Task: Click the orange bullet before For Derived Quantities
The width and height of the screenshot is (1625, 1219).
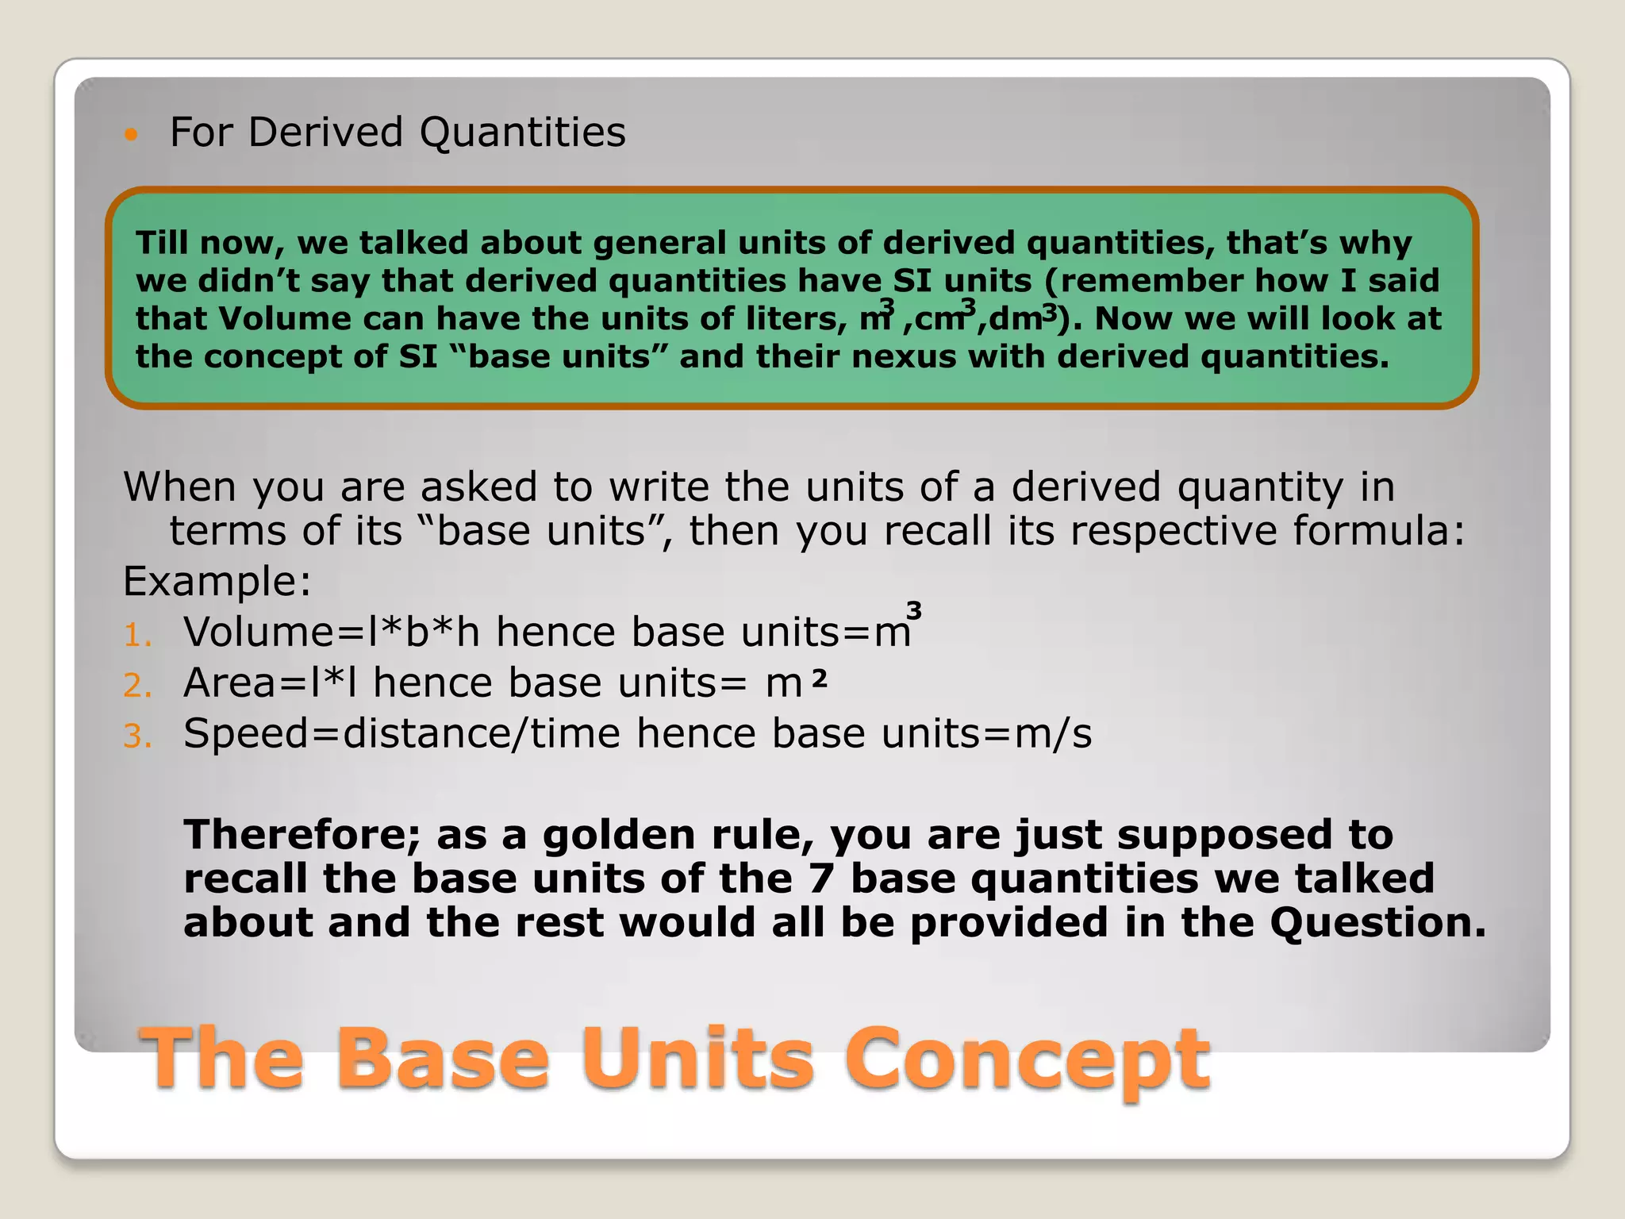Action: click(x=131, y=134)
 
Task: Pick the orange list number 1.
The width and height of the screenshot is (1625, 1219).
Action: click(x=136, y=635)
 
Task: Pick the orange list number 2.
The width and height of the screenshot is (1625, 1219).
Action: click(x=136, y=686)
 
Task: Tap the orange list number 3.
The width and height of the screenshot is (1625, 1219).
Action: click(x=136, y=736)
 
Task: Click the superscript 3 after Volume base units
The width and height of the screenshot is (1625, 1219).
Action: click(x=914, y=611)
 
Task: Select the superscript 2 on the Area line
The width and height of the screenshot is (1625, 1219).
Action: click(x=820, y=679)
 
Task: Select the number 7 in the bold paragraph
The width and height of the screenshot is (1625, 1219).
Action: click(x=821, y=879)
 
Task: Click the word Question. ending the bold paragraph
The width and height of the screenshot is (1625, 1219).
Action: click(x=1377, y=922)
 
